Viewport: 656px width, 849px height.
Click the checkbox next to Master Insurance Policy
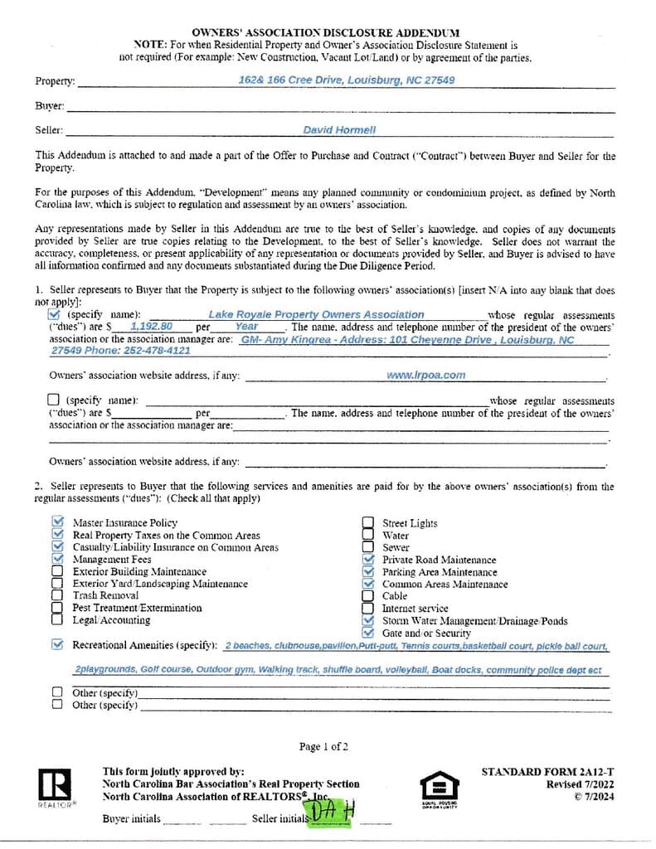[x=57, y=522]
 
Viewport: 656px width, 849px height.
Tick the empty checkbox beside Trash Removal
[x=57, y=595]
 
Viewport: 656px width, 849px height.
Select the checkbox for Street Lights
[x=367, y=523]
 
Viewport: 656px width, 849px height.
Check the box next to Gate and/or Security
[x=369, y=633]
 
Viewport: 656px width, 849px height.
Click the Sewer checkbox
[x=367, y=547]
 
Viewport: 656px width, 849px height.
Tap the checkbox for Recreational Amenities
[x=57, y=644]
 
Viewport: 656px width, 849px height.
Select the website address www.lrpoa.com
[x=425, y=375]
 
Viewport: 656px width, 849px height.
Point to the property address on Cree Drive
[x=346, y=80]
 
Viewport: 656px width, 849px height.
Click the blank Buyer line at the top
[x=340, y=107]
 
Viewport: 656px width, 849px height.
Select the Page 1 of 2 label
[x=323, y=747]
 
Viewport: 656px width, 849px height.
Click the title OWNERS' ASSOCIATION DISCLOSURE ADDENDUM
[x=325, y=31]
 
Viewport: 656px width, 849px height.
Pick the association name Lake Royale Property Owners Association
[x=316, y=315]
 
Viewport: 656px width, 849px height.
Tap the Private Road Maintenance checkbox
[x=369, y=560]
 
